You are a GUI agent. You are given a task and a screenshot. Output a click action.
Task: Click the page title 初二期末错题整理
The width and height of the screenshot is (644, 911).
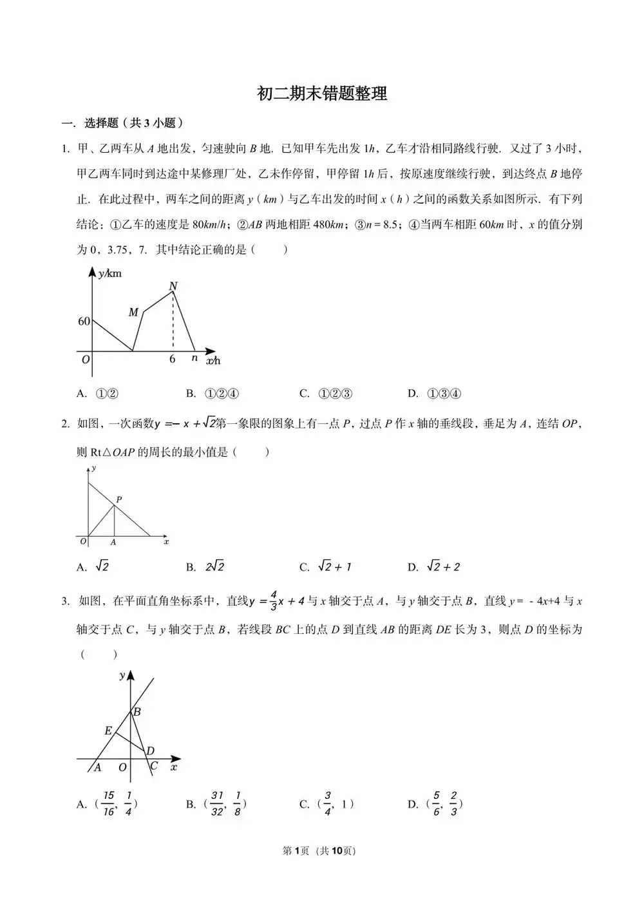pos(322,94)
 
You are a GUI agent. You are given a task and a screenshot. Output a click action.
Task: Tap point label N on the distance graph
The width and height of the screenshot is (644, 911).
pos(173,286)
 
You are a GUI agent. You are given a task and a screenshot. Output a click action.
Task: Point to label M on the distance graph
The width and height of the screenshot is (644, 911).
pos(133,312)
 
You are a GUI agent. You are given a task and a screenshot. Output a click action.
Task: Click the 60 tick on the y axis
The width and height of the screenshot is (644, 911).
pos(84,321)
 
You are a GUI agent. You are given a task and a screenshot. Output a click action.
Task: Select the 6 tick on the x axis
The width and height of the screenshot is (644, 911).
pos(172,360)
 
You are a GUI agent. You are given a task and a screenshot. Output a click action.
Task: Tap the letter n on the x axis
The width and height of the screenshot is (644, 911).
pos(194,358)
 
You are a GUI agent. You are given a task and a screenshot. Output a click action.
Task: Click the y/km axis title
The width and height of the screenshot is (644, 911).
pos(109,274)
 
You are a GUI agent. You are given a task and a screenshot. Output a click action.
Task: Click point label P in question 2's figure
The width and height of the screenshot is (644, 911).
pos(119,499)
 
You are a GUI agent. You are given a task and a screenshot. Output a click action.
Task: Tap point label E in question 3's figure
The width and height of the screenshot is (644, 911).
pos(108,731)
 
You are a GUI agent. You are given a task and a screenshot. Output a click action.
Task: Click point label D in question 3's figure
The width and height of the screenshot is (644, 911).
pos(150,751)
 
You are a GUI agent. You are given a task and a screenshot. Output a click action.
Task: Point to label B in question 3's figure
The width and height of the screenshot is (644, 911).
pos(137,712)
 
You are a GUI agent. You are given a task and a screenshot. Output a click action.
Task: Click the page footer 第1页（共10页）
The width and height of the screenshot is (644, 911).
pos(319,851)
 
